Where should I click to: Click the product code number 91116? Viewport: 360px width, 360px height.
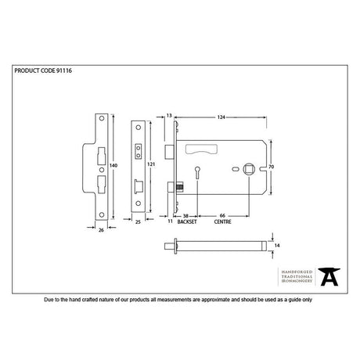pos(64,70)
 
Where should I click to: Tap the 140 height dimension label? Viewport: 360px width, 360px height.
pos(113,165)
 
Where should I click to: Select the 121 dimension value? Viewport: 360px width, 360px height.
pos(151,164)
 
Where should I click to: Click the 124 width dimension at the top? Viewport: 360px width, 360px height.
pos(221,117)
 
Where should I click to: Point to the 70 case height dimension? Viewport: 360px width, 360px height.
pos(272,167)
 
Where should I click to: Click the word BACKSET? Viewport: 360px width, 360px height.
pos(187,221)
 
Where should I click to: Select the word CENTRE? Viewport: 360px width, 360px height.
pos(222,221)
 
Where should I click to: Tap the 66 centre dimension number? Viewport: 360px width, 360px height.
pos(222,215)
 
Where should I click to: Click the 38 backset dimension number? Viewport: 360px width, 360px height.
pos(185,216)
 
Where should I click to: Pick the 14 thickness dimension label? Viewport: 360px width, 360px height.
pos(277,246)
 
